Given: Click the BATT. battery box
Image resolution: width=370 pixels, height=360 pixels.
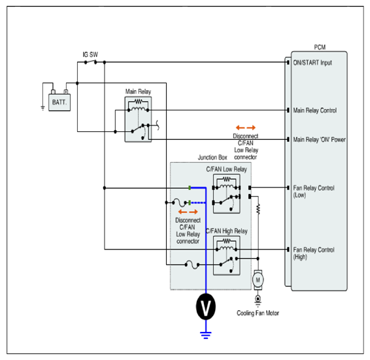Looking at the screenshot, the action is (x=59, y=103).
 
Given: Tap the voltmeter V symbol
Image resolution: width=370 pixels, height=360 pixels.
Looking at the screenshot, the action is (x=206, y=306).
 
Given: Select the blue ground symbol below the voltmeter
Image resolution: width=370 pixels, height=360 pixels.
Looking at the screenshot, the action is (x=206, y=335).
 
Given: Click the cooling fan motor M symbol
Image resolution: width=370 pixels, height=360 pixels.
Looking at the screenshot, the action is (x=258, y=280).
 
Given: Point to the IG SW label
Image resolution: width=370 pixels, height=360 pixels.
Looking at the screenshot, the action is (x=90, y=54).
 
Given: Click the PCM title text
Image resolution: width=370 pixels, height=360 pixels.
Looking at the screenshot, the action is (x=320, y=47).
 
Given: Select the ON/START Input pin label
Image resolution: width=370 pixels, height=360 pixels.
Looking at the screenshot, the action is (x=312, y=63).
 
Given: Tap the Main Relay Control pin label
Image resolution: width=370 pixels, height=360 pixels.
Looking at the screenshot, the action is (x=315, y=110).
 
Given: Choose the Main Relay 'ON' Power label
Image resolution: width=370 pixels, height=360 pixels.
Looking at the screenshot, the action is (x=319, y=139).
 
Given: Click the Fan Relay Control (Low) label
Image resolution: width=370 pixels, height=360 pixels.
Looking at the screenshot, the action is (x=314, y=191).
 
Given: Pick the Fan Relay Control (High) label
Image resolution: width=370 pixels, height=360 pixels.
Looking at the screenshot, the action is (x=314, y=253).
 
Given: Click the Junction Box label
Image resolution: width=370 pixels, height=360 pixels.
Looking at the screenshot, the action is (x=212, y=157).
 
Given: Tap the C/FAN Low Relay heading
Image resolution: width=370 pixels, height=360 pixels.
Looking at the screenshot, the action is (x=226, y=169).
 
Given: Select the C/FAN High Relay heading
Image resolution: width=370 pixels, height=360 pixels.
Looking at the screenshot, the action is (x=227, y=231).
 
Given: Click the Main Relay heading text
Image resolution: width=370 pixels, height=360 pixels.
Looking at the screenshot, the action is (x=138, y=91).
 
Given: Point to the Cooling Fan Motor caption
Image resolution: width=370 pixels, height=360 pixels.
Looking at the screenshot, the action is (x=258, y=313).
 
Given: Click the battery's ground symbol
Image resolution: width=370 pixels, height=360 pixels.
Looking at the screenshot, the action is (x=42, y=108).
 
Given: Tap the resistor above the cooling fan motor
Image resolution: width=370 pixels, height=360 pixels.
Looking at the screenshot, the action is (x=258, y=209).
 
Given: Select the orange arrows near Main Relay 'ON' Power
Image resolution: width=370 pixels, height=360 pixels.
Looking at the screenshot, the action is (x=246, y=127).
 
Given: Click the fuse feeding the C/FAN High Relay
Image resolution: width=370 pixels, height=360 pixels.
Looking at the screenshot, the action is (x=192, y=265).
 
